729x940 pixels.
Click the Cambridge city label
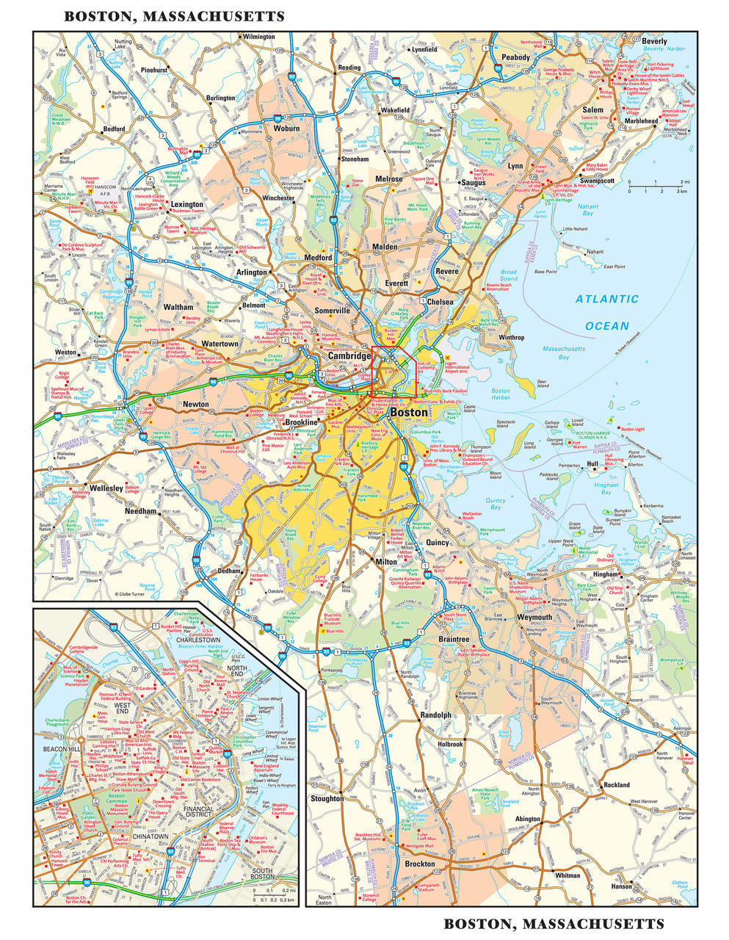click(x=349, y=355)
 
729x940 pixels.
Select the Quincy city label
click(x=437, y=543)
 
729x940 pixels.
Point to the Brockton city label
click(x=421, y=864)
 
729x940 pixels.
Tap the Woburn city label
click(x=286, y=128)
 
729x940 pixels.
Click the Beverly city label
click(x=654, y=41)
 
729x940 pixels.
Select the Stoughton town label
click(x=327, y=798)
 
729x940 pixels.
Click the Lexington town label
click(x=187, y=205)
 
